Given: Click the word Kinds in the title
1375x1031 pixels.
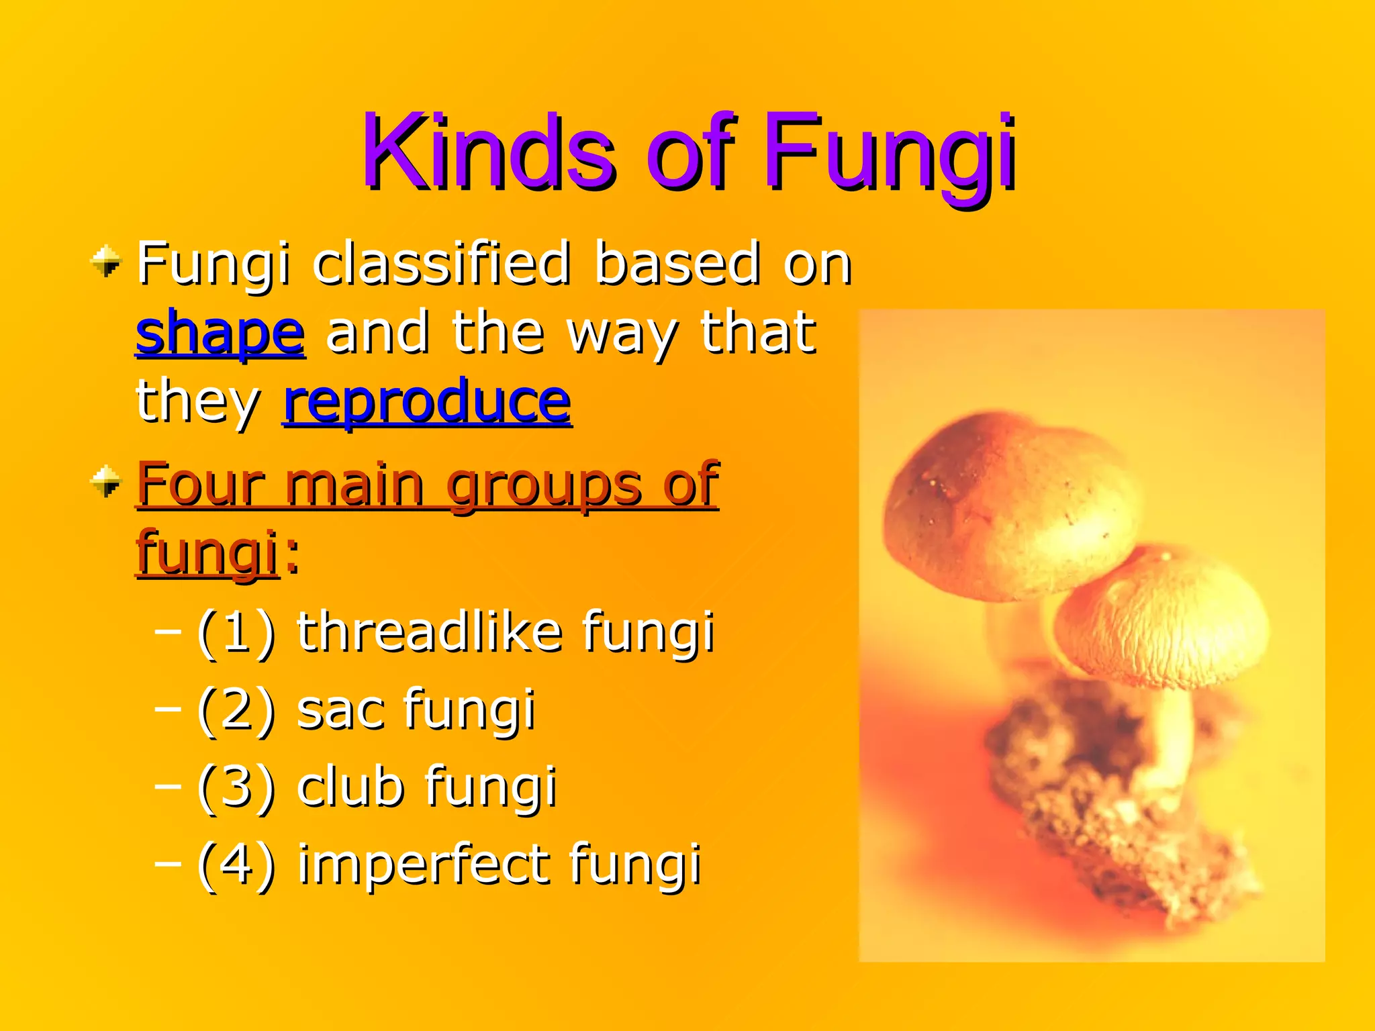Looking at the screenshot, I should tap(488, 152).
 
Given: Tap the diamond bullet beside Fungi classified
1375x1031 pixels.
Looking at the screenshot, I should tap(106, 262).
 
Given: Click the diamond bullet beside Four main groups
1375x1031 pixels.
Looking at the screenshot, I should tap(106, 482).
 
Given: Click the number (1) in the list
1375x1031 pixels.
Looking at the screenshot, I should tap(236, 633).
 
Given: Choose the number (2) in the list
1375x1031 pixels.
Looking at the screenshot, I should tap(236, 710).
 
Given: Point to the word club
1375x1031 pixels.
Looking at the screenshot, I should tap(350, 787).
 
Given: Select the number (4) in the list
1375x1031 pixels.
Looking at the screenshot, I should tap(236, 865).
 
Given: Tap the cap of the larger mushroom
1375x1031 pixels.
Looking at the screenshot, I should tap(1000, 503).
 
